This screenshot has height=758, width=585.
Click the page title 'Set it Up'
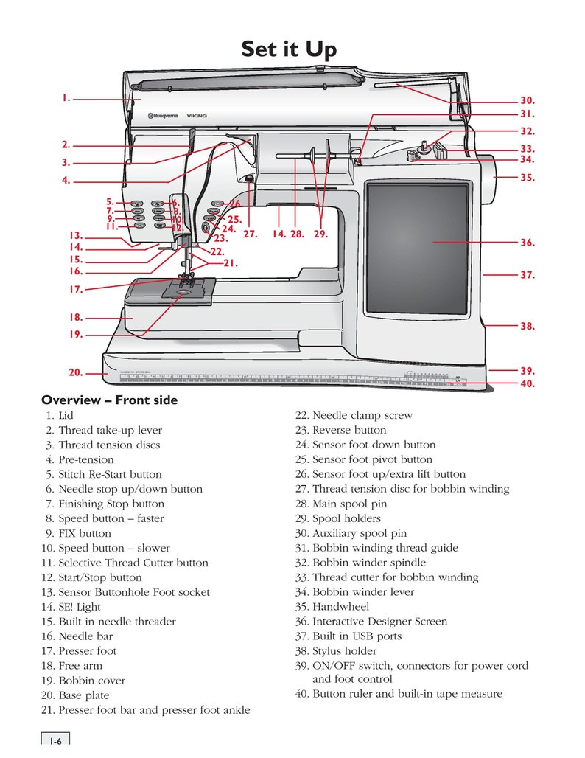(289, 49)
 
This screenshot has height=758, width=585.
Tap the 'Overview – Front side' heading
(109, 400)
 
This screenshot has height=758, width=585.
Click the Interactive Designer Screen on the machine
(418, 246)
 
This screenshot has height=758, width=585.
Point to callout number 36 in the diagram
(527, 243)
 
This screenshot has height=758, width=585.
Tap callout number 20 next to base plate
(76, 373)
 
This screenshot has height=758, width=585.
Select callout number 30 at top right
(527, 100)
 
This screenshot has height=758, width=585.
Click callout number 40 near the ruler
(527, 383)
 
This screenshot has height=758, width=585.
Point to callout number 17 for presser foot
(76, 290)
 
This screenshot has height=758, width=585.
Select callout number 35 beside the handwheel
(527, 178)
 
